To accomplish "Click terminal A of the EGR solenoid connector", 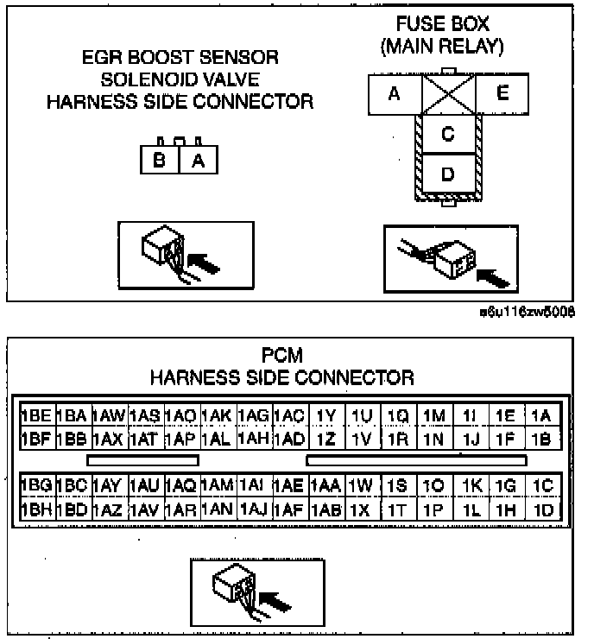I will pyautogui.click(x=199, y=160).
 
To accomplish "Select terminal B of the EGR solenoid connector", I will pyautogui.click(x=160, y=160).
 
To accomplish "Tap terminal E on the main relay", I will pyautogui.click(x=503, y=93).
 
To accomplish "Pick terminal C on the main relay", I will pyautogui.click(x=447, y=134).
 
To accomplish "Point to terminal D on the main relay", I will pyautogui.click(x=447, y=174).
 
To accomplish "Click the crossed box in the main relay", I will pyautogui.click(x=447, y=93).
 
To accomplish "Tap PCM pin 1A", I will pyautogui.click(x=542, y=416).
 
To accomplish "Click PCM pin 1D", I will pyautogui.click(x=542, y=509).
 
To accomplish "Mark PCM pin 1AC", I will pyautogui.click(x=290, y=416).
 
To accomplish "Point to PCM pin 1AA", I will pyautogui.click(x=325, y=486).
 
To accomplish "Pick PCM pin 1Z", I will pyautogui.click(x=325, y=439).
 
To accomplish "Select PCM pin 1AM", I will pyautogui.click(x=217, y=486).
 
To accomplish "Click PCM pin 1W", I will pyautogui.click(x=362, y=486).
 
